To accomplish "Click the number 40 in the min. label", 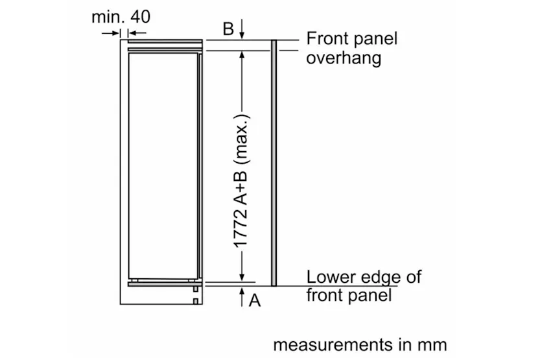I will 139,17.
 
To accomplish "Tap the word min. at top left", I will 108,17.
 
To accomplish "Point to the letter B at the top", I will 228,29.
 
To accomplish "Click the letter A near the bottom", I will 255,300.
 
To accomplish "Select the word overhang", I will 343,58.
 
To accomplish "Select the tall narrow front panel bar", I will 274,162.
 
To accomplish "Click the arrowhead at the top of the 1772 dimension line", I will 242,56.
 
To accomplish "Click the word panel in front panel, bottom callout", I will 370,296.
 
